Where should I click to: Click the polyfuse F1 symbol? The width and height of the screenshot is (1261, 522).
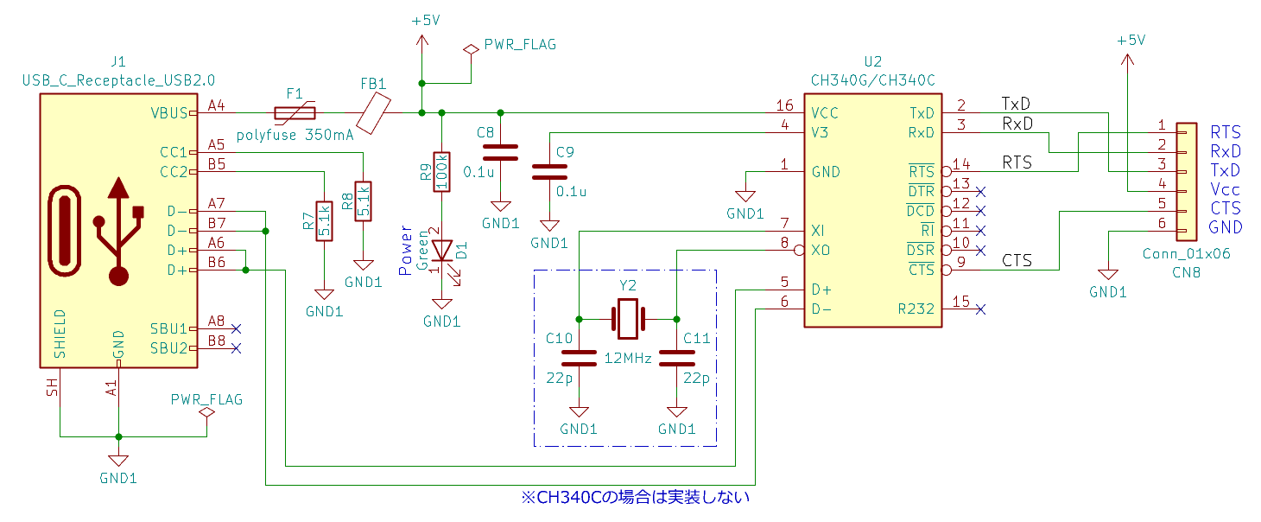295,113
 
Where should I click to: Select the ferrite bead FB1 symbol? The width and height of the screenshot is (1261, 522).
373,113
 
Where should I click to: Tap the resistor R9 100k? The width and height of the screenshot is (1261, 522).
442,172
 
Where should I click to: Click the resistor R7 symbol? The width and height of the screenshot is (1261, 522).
324,220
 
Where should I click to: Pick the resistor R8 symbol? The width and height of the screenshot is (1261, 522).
363,201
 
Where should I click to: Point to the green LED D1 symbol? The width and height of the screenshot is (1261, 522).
442,255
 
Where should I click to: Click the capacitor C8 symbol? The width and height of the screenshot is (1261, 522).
500,153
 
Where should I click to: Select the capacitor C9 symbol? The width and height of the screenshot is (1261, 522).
549,172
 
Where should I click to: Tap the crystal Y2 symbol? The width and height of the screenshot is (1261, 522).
628,319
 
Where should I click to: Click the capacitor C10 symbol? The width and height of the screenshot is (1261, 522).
579,358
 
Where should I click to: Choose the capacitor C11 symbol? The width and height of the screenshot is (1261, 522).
676,358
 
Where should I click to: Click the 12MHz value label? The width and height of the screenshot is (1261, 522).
628,358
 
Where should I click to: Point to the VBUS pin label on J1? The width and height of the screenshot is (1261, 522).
169,113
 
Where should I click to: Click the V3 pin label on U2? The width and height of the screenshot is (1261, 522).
820,133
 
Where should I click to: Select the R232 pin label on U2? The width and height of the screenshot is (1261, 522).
916,309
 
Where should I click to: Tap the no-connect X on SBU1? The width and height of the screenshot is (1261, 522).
237,329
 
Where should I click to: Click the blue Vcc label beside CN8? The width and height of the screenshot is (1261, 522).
1225,190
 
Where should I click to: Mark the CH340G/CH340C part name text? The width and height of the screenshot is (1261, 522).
872,80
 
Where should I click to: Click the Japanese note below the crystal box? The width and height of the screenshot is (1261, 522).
636,497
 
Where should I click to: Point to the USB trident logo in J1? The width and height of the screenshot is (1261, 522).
119,232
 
